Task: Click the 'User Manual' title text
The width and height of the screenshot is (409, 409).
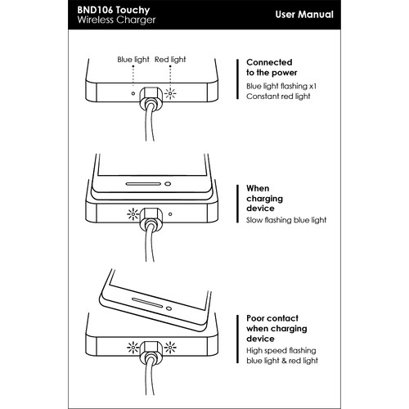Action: [x=304, y=15]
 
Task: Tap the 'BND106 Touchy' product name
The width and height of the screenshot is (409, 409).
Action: [x=114, y=10]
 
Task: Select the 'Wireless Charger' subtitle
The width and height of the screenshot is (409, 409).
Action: [x=116, y=20]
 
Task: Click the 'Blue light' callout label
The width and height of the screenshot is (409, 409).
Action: [x=133, y=60]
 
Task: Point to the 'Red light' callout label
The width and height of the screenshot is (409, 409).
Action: [x=170, y=60]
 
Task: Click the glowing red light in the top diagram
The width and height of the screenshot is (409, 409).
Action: [x=170, y=93]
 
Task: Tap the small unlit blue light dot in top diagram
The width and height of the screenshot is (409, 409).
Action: [x=133, y=93]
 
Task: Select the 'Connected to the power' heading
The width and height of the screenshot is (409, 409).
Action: [x=272, y=67]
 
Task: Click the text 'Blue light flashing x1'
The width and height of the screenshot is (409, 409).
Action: [x=281, y=86]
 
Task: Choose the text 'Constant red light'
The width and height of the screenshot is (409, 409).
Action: [x=278, y=97]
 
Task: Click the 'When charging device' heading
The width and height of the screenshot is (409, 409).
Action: [x=264, y=198]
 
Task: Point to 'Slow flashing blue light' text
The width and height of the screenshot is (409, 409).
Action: [x=286, y=220]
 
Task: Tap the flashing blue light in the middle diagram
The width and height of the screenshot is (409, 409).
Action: [x=133, y=214]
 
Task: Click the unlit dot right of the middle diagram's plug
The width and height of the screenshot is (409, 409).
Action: [x=170, y=214]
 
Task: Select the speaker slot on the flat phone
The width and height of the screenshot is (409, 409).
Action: [x=143, y=184]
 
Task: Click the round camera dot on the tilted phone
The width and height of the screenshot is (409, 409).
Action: [x=169, y=308]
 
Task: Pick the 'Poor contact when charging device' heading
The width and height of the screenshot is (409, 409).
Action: [x=276, y=329]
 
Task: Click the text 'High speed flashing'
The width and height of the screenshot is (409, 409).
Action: [x=281, y=351]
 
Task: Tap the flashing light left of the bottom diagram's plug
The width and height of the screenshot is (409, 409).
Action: [x=133, y=348]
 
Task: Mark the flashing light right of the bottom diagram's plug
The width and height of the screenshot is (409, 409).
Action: [x=170, y=348]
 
